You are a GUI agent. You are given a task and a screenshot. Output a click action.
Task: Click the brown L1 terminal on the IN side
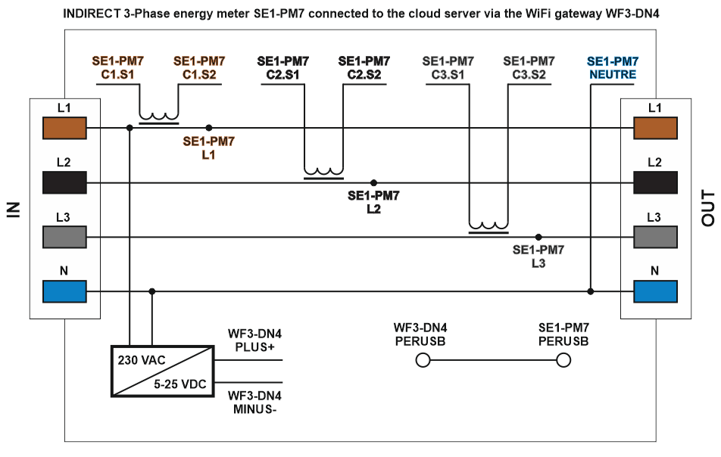coord(65,128)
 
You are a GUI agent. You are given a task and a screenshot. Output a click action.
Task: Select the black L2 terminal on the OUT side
coord(655,183)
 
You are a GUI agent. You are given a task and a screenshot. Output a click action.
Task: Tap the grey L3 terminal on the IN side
coord(65,238)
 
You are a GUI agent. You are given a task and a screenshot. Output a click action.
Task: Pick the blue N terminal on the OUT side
coord(655,291)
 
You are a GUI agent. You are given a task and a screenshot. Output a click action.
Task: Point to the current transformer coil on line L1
coord(159,117)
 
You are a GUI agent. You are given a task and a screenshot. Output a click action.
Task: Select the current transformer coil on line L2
coord(323,173)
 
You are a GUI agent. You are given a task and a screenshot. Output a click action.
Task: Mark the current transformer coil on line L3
coord(488,227)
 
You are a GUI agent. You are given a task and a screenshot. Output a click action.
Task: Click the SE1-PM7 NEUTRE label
coord(613,68)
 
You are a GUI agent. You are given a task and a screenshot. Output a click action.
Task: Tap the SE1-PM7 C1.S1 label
coord(117,68)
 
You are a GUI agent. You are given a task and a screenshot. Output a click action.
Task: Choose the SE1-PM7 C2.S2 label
coord(364,68)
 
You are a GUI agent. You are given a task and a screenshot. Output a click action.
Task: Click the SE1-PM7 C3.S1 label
coord(448,68)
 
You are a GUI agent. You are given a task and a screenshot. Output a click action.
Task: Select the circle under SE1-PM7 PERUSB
coord(563,361)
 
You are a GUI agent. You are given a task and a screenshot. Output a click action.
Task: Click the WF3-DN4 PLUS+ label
coord(254,340)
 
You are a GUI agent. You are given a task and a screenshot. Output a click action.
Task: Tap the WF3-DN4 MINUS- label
coord(254,403)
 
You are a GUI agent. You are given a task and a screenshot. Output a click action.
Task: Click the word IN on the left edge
coord(13,210)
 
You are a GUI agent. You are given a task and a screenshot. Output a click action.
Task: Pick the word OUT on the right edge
coord(708,210)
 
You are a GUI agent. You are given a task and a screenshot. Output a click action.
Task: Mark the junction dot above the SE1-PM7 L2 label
coord(373,183)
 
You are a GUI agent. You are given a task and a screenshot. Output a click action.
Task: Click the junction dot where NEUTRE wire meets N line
coord(591,291)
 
